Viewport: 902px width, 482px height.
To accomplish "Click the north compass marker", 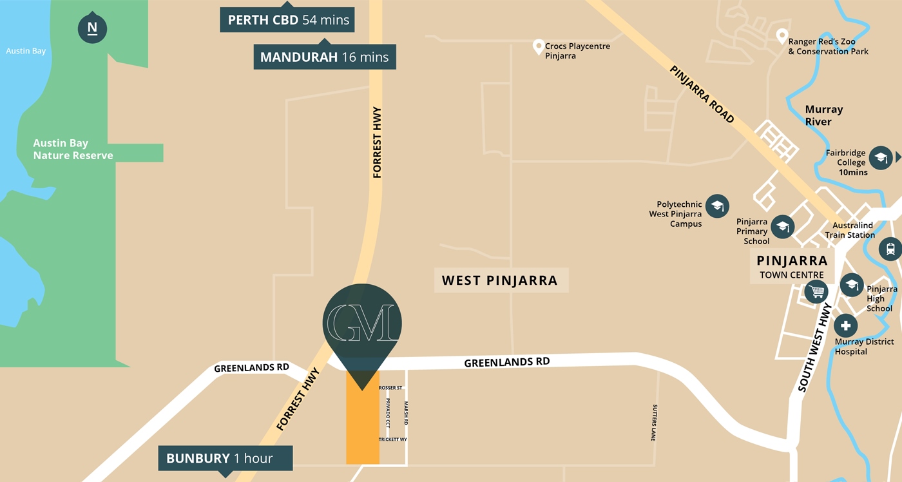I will coord(92,28).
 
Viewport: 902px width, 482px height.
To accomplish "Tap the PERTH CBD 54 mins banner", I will coord(288,20).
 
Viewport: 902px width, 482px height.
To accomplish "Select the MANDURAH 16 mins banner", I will coord(324,57).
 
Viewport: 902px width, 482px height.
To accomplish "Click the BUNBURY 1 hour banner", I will coord(225,459).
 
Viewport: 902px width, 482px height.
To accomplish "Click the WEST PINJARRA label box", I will coord(500,280).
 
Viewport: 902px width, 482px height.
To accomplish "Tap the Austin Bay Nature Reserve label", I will coord(73,149).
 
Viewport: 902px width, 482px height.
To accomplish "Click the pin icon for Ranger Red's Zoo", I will coord(782,36).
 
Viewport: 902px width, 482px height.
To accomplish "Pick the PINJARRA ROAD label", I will coord(702,94).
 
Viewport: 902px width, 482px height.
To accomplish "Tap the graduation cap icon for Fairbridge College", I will coord(880,158).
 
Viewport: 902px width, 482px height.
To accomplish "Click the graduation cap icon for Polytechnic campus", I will coord(717,206).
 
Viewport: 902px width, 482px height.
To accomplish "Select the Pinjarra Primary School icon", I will coord(783,226).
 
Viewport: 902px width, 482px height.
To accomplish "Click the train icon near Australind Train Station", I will coord(890,248).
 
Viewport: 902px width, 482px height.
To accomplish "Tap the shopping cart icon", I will coord(817,292).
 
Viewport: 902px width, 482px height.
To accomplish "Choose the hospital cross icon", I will coord(845,326).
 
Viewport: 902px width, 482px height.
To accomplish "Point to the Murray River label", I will coord(823,115).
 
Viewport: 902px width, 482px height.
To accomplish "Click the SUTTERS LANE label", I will coord(654,423).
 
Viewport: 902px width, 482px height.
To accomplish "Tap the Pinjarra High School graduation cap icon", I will coord(852,285).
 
